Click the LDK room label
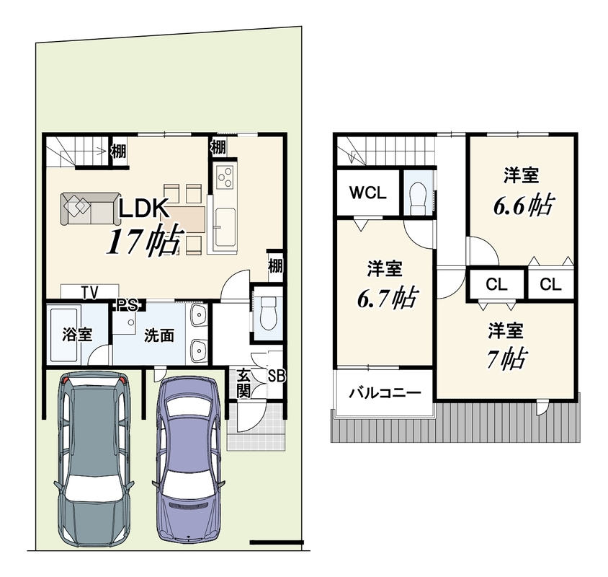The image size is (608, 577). [x=143, y=208]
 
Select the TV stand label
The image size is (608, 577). [x=89, y=292]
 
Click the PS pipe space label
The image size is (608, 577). [x=128, y=305]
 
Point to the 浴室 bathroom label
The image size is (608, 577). [x=77, y=334]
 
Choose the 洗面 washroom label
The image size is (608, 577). [x=159, y=335]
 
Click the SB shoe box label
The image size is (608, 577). [x=277, y=376]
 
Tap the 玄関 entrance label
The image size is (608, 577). [x=243, y=384]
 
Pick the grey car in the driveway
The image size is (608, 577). [x=94, y=459]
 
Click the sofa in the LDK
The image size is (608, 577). [x=90, y=209]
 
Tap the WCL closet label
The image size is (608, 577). [x=368, y=193]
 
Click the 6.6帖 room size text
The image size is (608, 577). [x=523, y=205]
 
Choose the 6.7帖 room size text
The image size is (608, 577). [x=386, y=298]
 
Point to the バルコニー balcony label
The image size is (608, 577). [x=385, y=394]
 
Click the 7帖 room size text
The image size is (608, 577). [x=506, y=358]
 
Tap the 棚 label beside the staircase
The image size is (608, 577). [x=119, y=151]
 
